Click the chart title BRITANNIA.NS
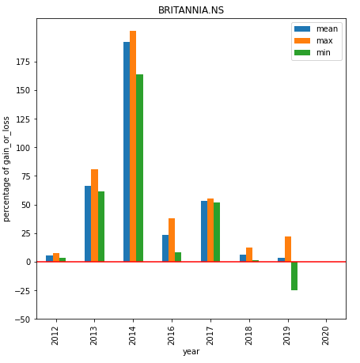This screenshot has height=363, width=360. pyautogui.click(x=191, y=10)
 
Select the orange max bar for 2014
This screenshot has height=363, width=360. pyautogui.click(x=133, y=146)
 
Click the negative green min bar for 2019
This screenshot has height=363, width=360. pyautogui.click(x=294, y=276)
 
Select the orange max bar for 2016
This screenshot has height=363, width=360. pyautogui.click(x=172, y=240)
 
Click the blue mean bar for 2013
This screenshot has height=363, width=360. pyautogui.click(x=88, y=224)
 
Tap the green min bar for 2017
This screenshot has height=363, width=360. pyautogui.click(x=217, y=232)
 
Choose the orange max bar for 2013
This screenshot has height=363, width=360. pyautogui.click(x=94, y=215)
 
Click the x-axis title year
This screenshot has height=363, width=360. pyautogui.click(x=191, y=352)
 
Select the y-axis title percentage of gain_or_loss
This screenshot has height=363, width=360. pyautogui.click(x=7, y=168)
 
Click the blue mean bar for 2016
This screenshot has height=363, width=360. pyautogui.click(x=165, y=248)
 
